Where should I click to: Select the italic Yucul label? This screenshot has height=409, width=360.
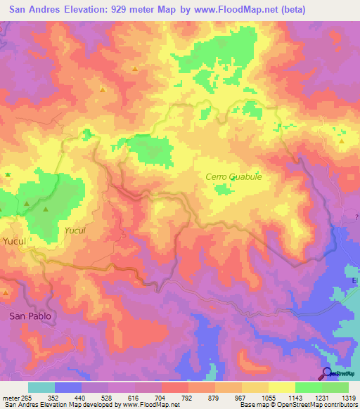pyautogui.click(x=75, y=230)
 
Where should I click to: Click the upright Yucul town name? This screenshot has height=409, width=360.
pyautogui.click(x=14, y=241)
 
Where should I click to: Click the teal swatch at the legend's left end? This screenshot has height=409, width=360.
pyautogui.click(x=41, y=387)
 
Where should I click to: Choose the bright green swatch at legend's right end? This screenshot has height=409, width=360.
pyautogui.click(x=335, y=387)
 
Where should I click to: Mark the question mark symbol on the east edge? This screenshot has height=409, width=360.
pyautogui.click(x=357, y=219)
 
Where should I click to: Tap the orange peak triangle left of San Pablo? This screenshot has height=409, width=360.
pyautogui.click(x=6, y=292)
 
